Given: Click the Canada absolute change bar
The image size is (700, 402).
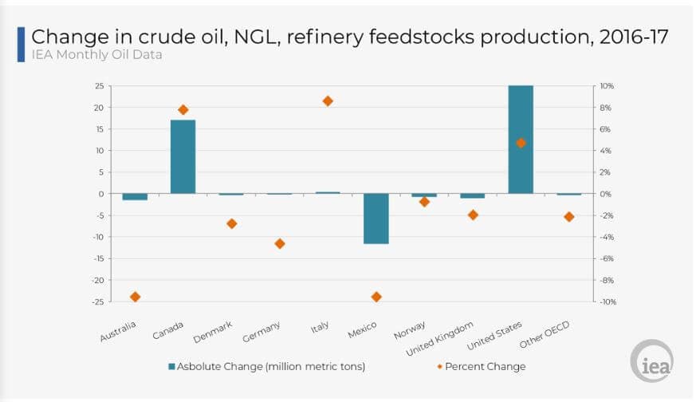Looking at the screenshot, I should (183, 156).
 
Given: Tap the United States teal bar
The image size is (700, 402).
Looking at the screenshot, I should (521, 139).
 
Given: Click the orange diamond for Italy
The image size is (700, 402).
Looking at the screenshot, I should (328, 101).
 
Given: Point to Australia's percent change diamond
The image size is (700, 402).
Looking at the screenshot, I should (135, 297).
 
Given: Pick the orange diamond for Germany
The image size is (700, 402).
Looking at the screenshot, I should (280, 243).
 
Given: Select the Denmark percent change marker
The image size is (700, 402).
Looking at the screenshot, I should (231, 223).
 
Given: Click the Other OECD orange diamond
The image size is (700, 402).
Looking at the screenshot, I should (569, 217).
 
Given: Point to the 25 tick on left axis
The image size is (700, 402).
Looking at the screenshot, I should (100, 85).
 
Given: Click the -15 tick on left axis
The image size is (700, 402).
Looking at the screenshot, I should (98, 258).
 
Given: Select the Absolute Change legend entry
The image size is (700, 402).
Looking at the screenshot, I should (268, 367).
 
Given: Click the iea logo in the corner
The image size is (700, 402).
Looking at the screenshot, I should (651, 363).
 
